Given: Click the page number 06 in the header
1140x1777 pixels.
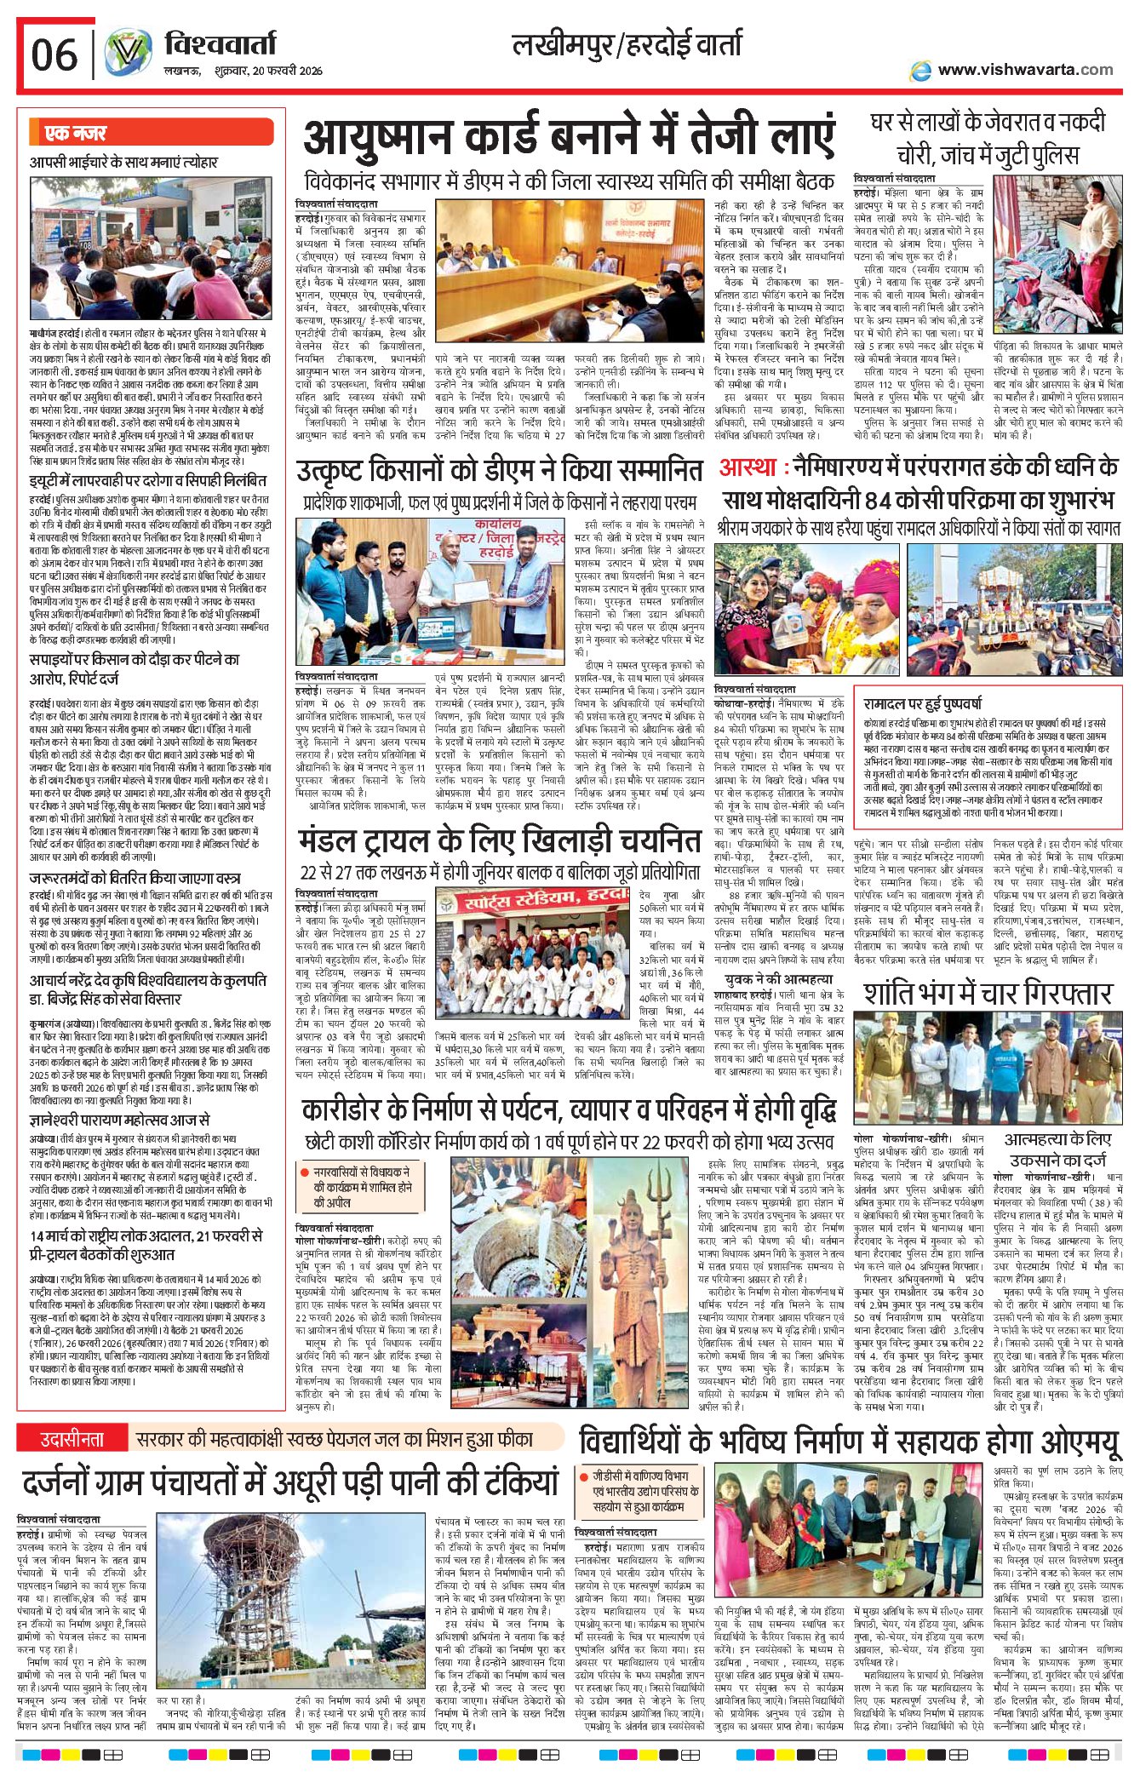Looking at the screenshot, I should coord(54,56).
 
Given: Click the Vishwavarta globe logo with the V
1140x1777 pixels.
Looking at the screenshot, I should coord(128,53).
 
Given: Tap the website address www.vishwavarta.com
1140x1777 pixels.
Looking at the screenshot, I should coord(1025,70).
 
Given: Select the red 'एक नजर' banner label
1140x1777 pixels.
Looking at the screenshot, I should coord(77,133).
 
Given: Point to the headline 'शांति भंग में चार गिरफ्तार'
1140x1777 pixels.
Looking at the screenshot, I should coord(988,994).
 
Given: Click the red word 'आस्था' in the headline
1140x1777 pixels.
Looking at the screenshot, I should coord(751,467).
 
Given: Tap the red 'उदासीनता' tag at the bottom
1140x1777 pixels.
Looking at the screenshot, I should coord(72,1439).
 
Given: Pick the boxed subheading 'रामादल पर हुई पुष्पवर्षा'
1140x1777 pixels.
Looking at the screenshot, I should coord(922,703).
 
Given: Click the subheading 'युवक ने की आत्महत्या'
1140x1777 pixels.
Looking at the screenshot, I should coord(778,979).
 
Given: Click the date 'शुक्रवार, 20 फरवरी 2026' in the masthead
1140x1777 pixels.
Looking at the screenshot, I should coord(268,71).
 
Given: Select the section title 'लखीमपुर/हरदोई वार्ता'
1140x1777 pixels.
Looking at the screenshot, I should coord(627,44).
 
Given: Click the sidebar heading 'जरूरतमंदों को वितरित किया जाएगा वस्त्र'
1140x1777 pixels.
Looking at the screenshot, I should coord(135,878).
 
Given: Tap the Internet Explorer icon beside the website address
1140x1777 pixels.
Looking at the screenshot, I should coord(920,71).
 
